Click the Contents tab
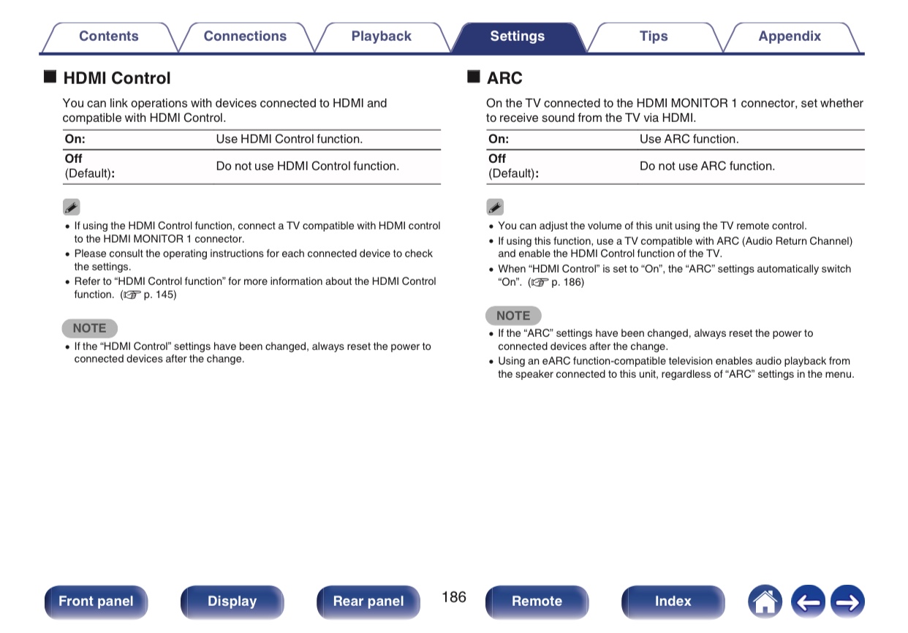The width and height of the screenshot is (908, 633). click(108, 37)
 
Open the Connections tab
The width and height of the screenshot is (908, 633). click(245, 37)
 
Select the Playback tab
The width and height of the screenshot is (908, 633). click(381, 37)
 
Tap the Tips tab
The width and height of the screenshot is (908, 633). click(653, 37)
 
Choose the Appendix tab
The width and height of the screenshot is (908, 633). click(789, 37)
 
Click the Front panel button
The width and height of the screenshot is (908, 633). click(96, 602)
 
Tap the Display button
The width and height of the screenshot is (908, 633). click(232, 602)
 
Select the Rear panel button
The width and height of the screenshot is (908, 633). click(368, 602)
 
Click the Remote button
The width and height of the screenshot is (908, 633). click(537, 602)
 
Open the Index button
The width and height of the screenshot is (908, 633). click(673, 602)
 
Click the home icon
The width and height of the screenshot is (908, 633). click(765, 602)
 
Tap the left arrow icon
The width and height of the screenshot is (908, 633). click(807, 602)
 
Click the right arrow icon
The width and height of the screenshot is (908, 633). click(847, 602)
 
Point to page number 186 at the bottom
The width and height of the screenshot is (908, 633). click(453, 597)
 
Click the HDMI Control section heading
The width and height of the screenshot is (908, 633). click(116, 78)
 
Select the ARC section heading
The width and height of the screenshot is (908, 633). click(504, 78)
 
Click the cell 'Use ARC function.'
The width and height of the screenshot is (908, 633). click(689, 139)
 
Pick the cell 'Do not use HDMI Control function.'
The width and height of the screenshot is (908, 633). click(307, 166)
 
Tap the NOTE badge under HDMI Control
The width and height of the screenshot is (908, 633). click(89, 328)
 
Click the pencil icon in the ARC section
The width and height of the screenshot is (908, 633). click(495, 208)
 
